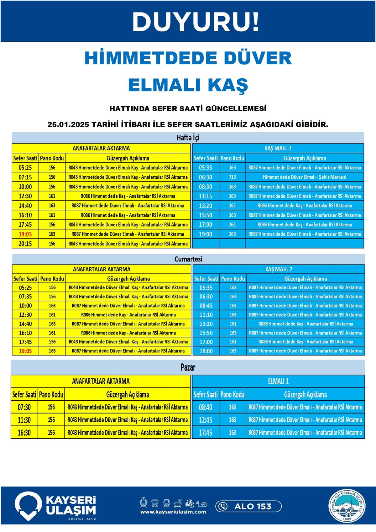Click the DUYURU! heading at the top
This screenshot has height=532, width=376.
pyautogui.click(x=196, y=22)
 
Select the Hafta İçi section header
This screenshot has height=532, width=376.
pyautogui.click(x=188, y=138)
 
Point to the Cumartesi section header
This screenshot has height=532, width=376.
pyautogui.click(x=188, y=259)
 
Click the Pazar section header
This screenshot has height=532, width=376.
pyautogui.click(x=188, y=367)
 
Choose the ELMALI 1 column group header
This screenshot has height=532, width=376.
pyautogui.click(x=278, y=381)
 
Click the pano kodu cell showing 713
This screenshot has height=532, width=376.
pyautogui.click(x=232, y=177)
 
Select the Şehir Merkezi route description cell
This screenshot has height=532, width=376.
pyautogui.click(x=304, y=177)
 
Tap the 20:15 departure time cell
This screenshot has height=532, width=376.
pyautogui.click(x=25, y=244)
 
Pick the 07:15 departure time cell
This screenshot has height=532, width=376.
pyautogui.click(x=25, y=177)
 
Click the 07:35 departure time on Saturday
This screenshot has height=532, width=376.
pyautogui.click(x=25, y=297)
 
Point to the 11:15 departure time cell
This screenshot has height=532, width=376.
pyautogui.click(x=206, y=196)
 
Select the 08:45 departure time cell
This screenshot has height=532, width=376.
pyautogui.click(x=206, y=306)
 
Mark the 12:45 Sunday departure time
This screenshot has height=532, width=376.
pyautogui.click(x=206, y=420)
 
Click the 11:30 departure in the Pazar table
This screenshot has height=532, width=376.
pyautogui.click(x=24, y=420)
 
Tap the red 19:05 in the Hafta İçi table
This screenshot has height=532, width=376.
pyautogui.click(x=25, y=234)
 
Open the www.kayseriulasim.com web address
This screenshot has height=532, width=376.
pyautogui.click(x=173, y=512)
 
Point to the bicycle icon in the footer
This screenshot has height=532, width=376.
pyautogui.click(x=190, y=503)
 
